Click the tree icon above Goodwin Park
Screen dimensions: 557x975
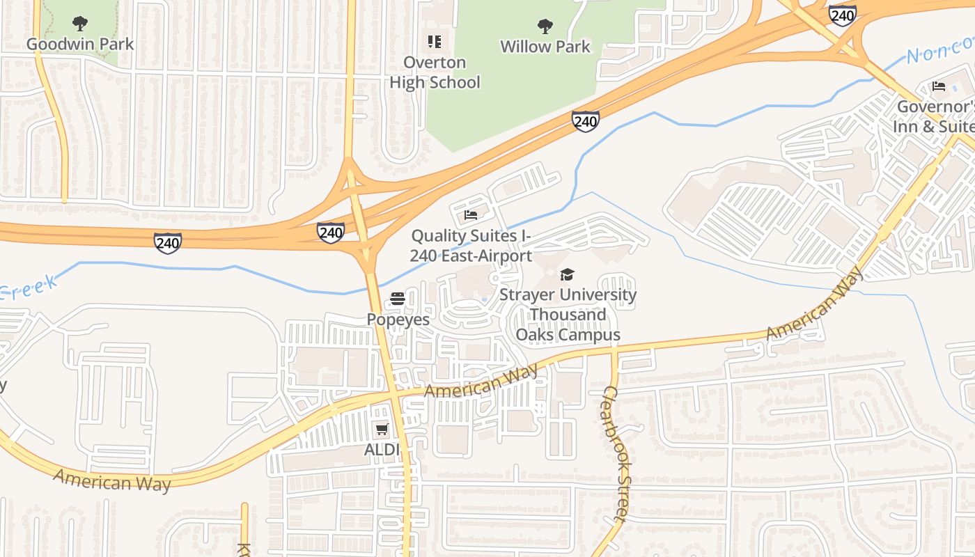click(x=80, y=24)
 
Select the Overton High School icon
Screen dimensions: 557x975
click(x=435, y=42)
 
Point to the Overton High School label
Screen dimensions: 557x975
click(x=435, y=72)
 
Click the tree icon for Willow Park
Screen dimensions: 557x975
click(x=545, y=26)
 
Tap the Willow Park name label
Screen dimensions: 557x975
click(x=545, y=47)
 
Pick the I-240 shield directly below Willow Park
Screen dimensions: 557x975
click(x=586, y=121)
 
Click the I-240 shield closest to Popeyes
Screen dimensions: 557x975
click(x=330, y=232)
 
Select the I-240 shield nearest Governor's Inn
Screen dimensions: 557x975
click(x=842, y=15)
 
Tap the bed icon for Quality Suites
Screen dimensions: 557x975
click(x=471, y=214)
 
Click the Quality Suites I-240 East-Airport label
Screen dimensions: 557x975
click(x=471, y=246)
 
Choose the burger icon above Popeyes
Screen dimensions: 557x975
click(x=398, y=299)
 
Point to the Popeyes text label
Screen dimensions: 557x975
click(x=398, y=320)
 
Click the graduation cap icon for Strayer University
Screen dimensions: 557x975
click(x=568, y=274)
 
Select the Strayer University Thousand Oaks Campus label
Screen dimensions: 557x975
click(x=568, y=315)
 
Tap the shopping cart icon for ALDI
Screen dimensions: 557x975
click(x=382, y=429)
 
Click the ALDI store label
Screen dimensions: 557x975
click(x=382, y=450)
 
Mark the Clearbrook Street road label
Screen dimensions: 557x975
click(x=616, y=453)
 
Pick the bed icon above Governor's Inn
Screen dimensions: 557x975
click(x=939, y=87)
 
